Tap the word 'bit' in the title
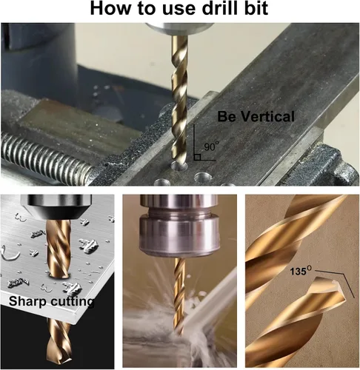point(258,8)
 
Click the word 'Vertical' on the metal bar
point(267,116)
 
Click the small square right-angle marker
point(197,158)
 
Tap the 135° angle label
point(301,271)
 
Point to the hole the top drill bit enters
point(179,166)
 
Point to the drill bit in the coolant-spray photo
point(179,295)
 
